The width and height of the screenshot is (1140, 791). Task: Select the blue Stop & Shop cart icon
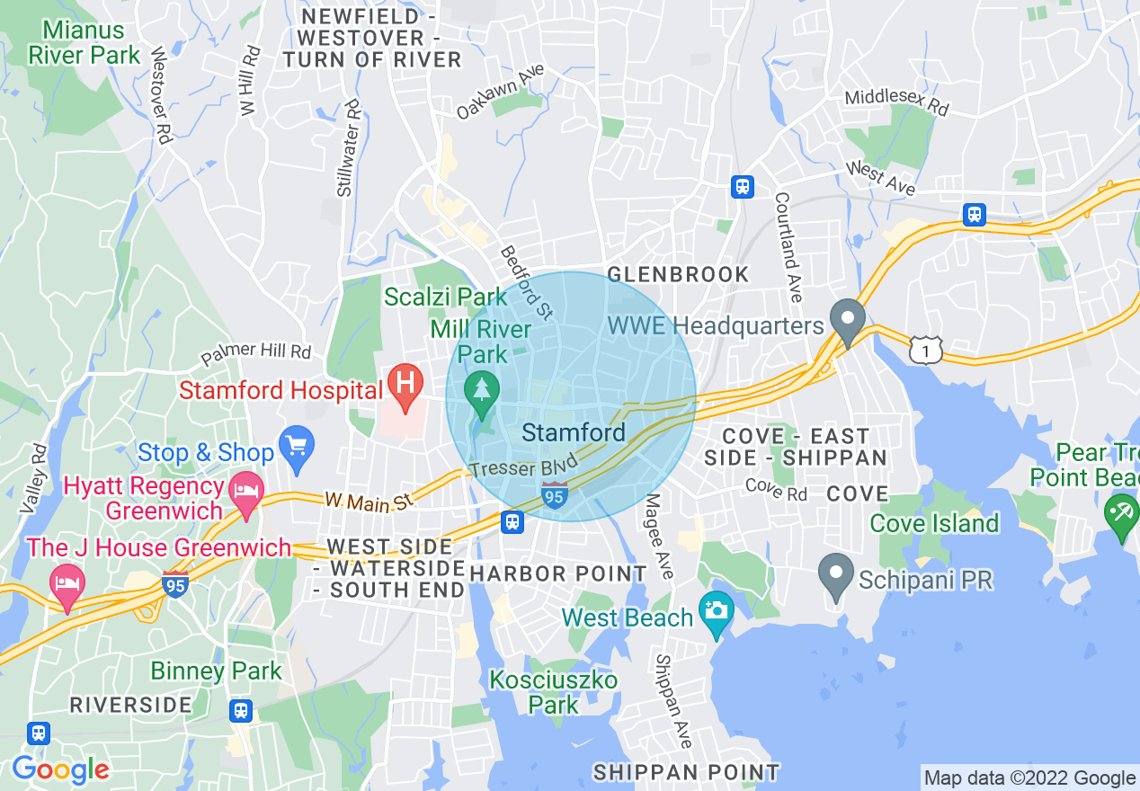[296, 446]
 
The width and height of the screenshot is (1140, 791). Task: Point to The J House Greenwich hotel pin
[67, 583]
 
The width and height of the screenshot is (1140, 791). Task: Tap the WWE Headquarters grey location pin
[847, 322]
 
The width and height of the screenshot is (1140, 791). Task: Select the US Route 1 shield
[925, 350]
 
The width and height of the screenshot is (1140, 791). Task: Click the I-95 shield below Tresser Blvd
[555, 494]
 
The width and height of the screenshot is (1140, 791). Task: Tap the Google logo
[60, 769]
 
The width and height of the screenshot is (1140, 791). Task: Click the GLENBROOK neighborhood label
[678, 274]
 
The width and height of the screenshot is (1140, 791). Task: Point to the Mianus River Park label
[85, 42]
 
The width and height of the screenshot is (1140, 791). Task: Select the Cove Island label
[934, 523]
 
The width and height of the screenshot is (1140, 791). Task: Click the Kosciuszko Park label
[553, 692]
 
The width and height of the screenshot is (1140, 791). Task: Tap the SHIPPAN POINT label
[687, 772]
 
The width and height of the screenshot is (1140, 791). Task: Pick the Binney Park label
[216, 671]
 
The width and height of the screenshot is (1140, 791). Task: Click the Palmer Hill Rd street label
[255, 354]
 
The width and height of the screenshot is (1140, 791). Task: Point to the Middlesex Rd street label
[896, 102]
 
